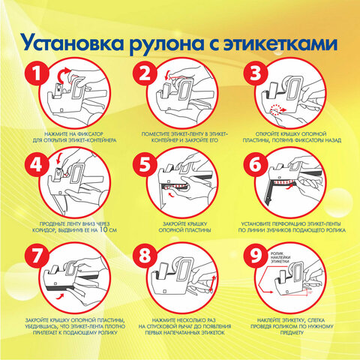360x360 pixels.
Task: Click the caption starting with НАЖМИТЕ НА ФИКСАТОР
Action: tap(68, 135)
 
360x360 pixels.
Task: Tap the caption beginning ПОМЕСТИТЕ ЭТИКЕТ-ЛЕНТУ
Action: tap(180, 135)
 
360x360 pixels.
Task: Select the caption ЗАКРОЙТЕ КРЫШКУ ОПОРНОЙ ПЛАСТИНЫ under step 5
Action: tap(180, 226)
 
